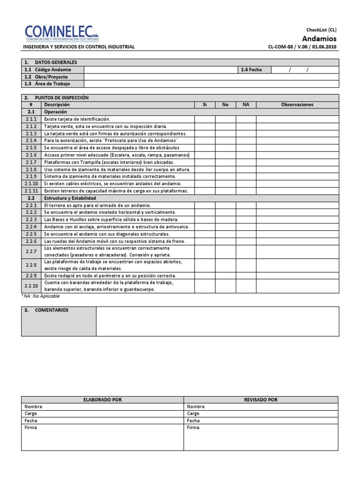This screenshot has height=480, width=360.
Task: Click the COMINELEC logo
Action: pyautogui.click(x=62, y=33)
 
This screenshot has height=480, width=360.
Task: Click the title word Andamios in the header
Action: pyautogui.click(x=319, y=38)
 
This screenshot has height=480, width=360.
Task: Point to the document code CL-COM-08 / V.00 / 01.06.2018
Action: pyautogui.click(x=302, y=47)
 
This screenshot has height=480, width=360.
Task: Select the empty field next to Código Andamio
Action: pyautogui.click(x=160, y=69)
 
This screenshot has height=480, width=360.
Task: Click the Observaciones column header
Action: pyautogui.click(x=297, y=105)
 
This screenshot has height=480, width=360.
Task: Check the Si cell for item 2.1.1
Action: pyautogui.click(x=204, y=119)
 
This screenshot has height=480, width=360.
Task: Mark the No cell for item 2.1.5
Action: pyautogui.click(x=225, y=147)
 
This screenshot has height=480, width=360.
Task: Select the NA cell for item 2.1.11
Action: pyautogui.click(x=246, y=191)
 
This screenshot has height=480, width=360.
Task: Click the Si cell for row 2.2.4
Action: pyautogui.click(x=204, y=226)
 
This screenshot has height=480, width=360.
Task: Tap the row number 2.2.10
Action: pyautogui.click(x=32, y=286)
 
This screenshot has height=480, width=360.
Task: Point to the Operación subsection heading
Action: pyautogui.click(x=55, y=112)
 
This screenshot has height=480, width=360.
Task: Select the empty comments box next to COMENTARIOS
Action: pyautogui.click(x=217, y=322)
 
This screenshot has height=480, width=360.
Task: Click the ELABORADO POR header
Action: pyautogui.click(x=102, y=399)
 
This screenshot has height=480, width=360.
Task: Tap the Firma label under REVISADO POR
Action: pyautogui.click(x=193, y=427)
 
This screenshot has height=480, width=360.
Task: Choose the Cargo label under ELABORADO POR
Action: pyautogui.click(x=31, y=413)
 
